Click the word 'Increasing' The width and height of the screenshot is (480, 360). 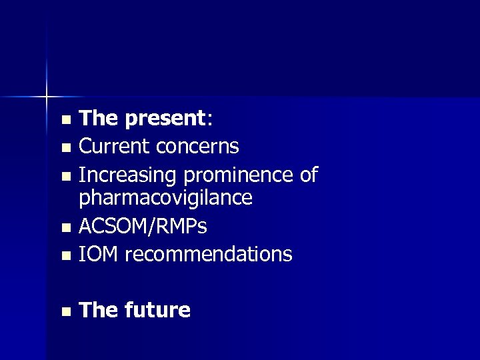(x=128, y=175)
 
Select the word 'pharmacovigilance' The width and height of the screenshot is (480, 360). (x=165, y=198)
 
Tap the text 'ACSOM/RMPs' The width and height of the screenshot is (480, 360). (x=143, y=227)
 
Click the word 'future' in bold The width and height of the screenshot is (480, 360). (x=157, y=310)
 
